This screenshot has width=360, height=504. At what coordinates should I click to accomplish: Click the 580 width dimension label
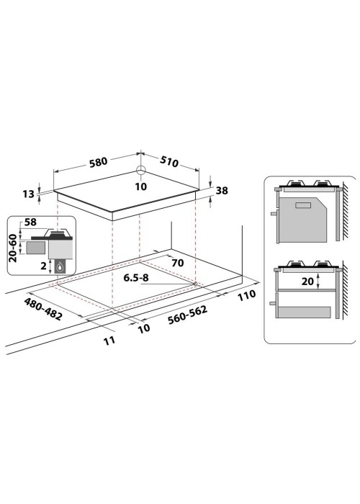[99, 162]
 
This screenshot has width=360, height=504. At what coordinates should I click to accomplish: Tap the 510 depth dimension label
[168, 162]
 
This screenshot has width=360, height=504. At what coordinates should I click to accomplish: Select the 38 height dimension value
[222, 191]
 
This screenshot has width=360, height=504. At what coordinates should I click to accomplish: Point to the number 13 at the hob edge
[28, 194]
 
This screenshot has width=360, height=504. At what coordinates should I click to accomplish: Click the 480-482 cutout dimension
[43, 309]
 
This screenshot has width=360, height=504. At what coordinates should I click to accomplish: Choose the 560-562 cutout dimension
[187, 315]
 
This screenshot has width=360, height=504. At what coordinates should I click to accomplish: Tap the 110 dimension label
[246, 295]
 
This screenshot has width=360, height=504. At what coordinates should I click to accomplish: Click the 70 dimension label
[178, 263]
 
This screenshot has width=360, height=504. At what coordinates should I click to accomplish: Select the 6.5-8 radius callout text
[136, 278]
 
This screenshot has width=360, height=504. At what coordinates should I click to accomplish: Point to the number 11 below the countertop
[109, 341]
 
